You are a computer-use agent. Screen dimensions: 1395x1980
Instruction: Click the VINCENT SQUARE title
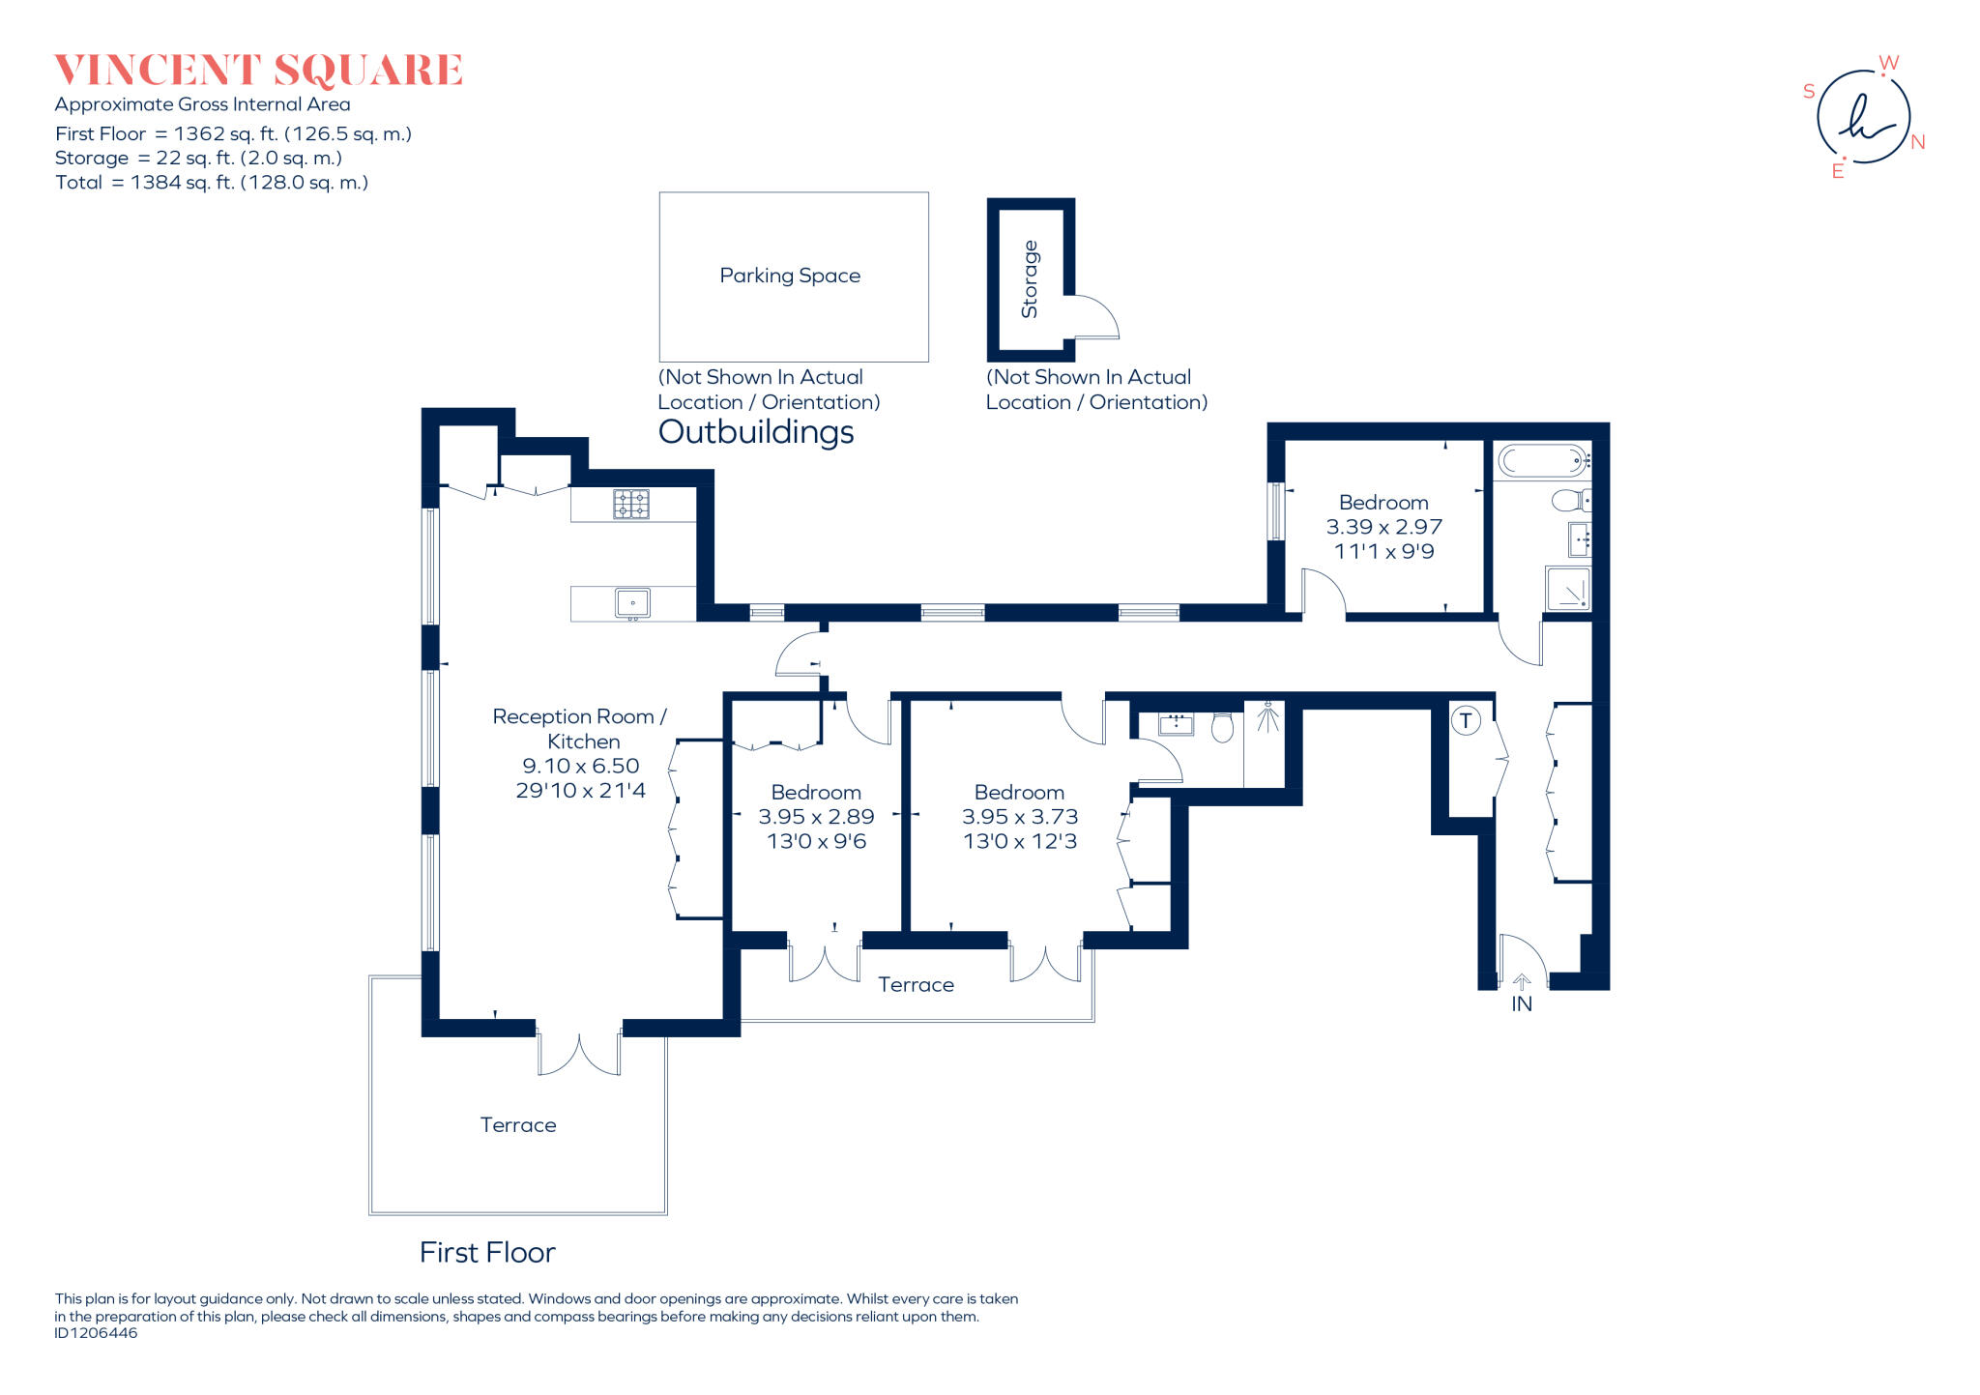point(258,71)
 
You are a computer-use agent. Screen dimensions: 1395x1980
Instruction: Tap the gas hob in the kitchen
point(631,504)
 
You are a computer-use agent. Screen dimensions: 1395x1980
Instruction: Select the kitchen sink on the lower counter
point(633,603)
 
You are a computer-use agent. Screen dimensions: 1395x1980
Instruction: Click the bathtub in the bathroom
point(1541,460)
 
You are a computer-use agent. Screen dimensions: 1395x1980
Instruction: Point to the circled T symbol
point(1466,720)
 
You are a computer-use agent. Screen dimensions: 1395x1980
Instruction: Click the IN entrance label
point(1522,1004)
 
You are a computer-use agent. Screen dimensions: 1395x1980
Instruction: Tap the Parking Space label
point(790,276)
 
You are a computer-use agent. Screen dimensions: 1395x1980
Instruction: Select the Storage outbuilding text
point(1030,279)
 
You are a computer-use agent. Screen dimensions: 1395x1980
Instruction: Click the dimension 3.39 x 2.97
point(1383,527)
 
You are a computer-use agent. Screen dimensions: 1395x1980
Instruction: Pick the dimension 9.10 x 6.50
point(580,766)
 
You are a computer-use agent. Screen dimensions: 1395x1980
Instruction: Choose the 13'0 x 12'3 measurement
point(1019,841)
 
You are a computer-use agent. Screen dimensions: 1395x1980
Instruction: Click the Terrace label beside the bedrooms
point(916,985)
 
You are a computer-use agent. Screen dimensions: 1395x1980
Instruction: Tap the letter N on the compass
point(1918,142)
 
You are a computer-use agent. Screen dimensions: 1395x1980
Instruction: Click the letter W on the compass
point(1888,63)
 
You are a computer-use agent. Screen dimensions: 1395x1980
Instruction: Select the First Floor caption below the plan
point(487,1253)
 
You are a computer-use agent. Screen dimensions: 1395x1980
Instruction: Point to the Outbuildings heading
point(756,432)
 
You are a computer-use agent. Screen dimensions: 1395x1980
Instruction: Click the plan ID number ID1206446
point(96,1333)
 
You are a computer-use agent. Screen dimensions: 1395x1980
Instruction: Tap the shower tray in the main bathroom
point(1567,589)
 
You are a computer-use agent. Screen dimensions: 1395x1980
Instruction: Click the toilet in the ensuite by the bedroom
point(1222,727)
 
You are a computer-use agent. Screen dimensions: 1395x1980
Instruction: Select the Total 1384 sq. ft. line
point(212,183)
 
